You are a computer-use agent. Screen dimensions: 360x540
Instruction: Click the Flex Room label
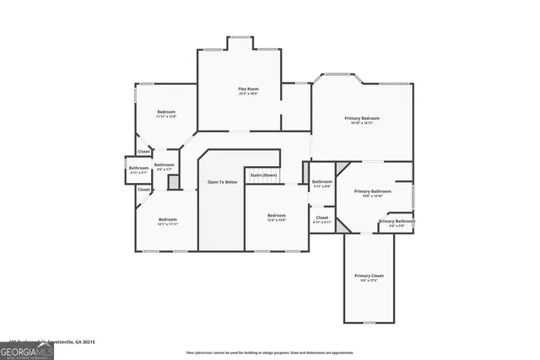[247, 90]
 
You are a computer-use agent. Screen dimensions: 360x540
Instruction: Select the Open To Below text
[223, 182]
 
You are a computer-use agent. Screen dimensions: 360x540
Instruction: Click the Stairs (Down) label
[263, 175]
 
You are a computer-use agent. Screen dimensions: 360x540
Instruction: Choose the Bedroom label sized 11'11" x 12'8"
[166, 114]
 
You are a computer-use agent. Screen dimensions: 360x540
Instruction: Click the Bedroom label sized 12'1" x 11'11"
[166, 223]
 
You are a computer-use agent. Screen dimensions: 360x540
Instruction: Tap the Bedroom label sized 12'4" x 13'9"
[277, 218]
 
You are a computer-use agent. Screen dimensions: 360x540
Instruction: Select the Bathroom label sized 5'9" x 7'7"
[164, 167]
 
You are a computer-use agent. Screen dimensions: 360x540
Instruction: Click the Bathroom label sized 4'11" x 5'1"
[138, 169]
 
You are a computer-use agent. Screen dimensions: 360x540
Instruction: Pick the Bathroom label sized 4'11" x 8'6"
[321, 184]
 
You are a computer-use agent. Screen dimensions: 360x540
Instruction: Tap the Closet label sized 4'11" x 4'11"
[321, 220]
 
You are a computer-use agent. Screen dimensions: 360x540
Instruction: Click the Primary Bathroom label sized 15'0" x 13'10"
[372, 193]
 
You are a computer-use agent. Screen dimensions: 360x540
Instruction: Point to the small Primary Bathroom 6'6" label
[397, 223]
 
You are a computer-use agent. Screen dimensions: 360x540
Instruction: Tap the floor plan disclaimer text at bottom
[270, 352]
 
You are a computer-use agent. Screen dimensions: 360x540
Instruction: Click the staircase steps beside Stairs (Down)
[263, 168]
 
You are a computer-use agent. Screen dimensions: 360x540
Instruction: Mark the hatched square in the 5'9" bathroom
[171, 180]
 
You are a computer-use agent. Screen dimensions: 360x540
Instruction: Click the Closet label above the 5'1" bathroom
[144, 152]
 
